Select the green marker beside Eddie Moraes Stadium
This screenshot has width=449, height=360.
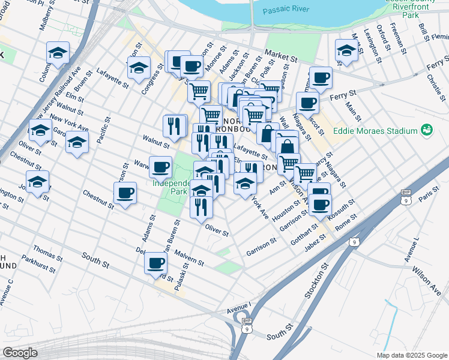click(x=427, y=130)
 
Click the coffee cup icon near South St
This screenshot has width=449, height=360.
click(x=156, y=262)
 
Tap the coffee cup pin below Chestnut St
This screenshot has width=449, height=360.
click(x=125, y=193)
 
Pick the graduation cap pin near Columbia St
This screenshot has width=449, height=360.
click(x=57, y=53)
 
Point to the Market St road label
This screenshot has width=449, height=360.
click(x=281, y=57)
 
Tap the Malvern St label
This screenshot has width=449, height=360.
click(x=189, y=259)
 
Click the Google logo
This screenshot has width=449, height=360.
click(x=20, y=353)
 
